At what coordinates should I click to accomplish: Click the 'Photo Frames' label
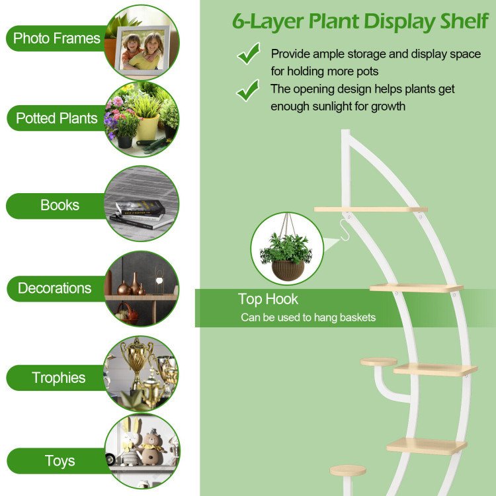(x=57, y=38)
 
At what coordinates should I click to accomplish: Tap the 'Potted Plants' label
(x=57, y=118)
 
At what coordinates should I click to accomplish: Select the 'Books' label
(x=60, y=205)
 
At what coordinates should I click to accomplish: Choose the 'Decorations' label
(x=54, y=288)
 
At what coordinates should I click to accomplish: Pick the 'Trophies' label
(x=58, y=378)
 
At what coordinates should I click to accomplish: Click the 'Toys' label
(x=60, y=461)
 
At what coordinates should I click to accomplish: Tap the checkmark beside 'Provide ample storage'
(x=249, y=54)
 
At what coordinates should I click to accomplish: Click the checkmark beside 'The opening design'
(x=248, y=90)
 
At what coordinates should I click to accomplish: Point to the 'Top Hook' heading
(x=268, y=299)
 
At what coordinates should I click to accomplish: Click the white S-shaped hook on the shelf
(x=345, y=230)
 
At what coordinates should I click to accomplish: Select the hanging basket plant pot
(x=288, y=270)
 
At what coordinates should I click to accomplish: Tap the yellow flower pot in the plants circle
(x=148, y=127)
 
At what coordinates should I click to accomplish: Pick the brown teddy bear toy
(x=152, y=448)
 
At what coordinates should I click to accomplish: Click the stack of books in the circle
(x=142, y=214)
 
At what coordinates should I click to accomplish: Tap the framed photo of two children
(x=142, y=51)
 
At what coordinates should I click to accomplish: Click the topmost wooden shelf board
(x=370, y=210)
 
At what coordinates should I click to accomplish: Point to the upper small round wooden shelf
(x=379, y=362)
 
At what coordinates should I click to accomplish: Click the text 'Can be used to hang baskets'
(x=308, y=317)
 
